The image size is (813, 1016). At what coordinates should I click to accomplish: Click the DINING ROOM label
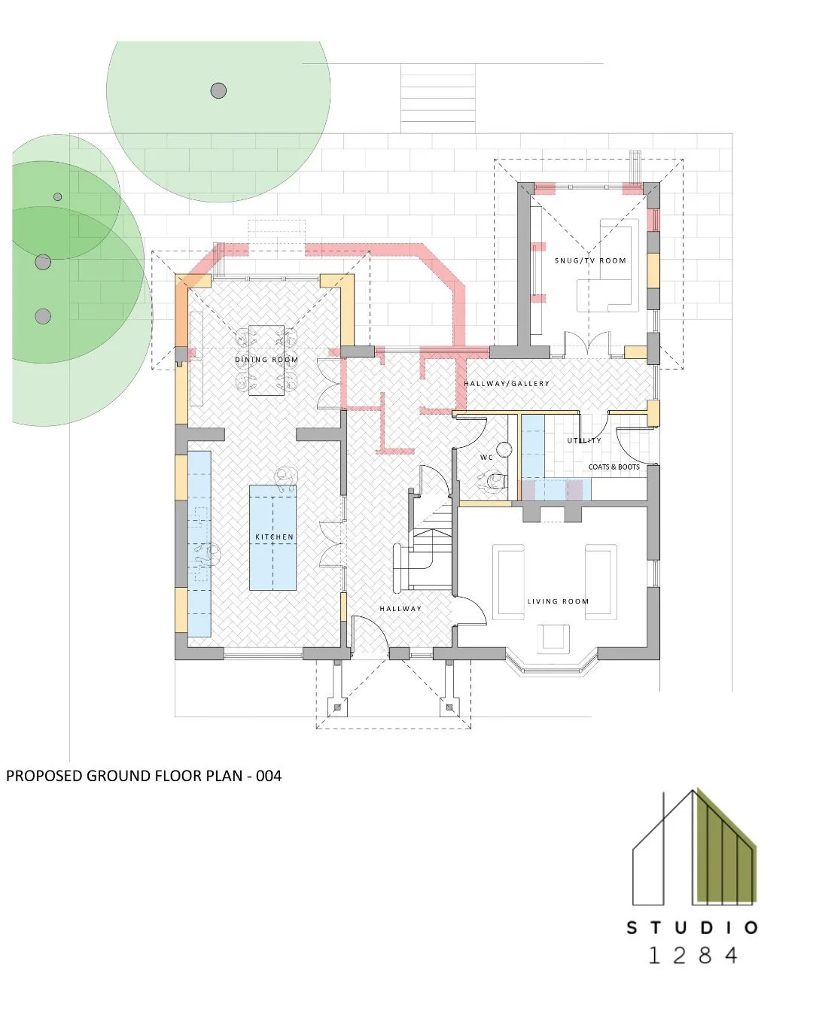(266, 360)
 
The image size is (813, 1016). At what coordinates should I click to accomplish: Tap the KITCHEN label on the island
(274, 537)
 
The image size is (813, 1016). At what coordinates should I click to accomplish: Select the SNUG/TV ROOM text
(590, 260)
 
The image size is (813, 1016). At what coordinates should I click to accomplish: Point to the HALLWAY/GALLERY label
(507, 384)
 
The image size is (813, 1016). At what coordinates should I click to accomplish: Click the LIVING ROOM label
(558, 601)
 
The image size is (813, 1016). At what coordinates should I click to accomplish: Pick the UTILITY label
(584, 440)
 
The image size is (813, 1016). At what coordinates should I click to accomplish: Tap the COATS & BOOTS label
(614, 467)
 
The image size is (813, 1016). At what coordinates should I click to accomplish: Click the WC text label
(486, 458)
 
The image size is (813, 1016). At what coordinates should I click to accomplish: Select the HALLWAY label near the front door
(400, 608)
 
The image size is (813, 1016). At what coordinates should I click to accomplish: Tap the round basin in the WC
(504, 450)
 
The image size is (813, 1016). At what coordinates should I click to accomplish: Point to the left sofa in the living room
(509, 582)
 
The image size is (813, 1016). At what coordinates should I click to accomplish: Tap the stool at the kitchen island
(285, 476)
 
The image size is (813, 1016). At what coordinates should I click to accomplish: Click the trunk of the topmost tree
(218, 91)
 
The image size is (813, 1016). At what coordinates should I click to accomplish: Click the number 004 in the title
(268, 775)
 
